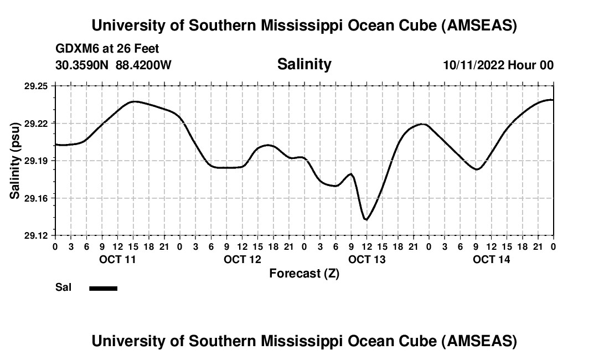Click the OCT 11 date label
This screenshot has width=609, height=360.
pos(117,259)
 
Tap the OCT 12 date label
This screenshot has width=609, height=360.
pos(242,259)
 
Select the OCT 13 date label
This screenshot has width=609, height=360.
pos(367,259)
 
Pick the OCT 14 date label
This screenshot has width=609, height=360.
pos(492,259)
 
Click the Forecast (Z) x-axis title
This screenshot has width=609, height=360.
pos(304,274)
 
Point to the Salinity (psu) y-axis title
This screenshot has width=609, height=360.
pos(15,161)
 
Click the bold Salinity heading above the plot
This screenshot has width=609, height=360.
pos(304,64)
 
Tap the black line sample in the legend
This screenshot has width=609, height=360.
pos(104,288)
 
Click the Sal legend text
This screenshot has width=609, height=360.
pos(63,288)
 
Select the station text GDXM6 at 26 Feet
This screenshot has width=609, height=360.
pos(107,49)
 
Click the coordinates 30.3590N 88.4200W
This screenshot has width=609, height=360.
pos(113,65)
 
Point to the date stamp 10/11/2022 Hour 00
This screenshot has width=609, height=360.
pos(498,65)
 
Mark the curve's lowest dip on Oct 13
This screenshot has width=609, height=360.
pos(366,220)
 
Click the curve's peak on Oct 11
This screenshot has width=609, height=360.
pos(134,101)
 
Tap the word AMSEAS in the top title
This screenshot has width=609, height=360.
pos(479,25)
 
